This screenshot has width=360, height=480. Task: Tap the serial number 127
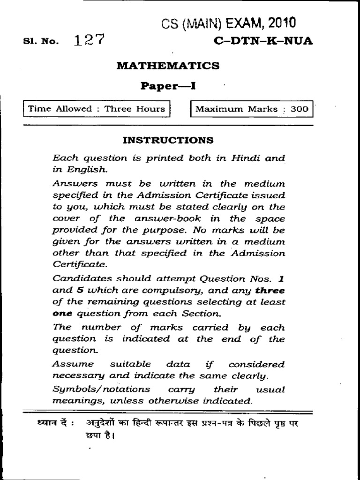[89, 41]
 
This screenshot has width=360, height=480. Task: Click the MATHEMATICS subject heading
[168, 66]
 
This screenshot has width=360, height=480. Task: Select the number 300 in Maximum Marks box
[299, 109]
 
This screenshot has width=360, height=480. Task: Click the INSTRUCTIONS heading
[168, 140]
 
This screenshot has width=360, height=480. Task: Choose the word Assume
[70, 364]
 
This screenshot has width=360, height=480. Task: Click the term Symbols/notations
[102, 389]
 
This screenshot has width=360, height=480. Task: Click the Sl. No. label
[41, 42]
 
